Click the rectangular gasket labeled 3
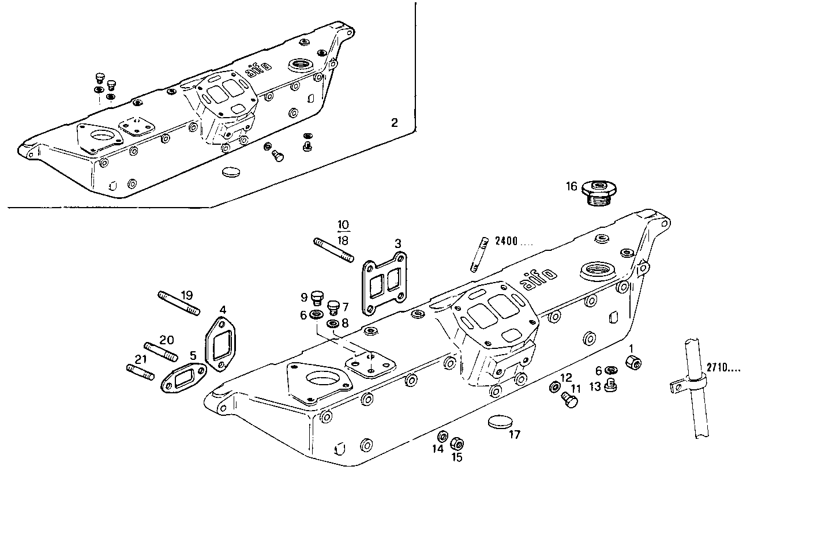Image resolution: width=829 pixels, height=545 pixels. tap(384, 283)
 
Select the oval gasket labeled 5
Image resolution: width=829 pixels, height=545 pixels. tap(183, 379)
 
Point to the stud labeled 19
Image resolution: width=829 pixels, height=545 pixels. tap(178, 303)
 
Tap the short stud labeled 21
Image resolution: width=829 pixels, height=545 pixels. tap(140, 372)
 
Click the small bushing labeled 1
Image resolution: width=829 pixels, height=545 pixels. tap(634, 363)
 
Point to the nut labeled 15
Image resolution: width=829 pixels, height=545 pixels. tap(457, 444)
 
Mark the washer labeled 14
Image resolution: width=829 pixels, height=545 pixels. tap(443, 436)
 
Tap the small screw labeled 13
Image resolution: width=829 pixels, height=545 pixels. tap(611, 386)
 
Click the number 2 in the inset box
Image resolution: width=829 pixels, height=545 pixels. tap(394, 122)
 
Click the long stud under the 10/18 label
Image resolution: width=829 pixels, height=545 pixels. tap(333, 251)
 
